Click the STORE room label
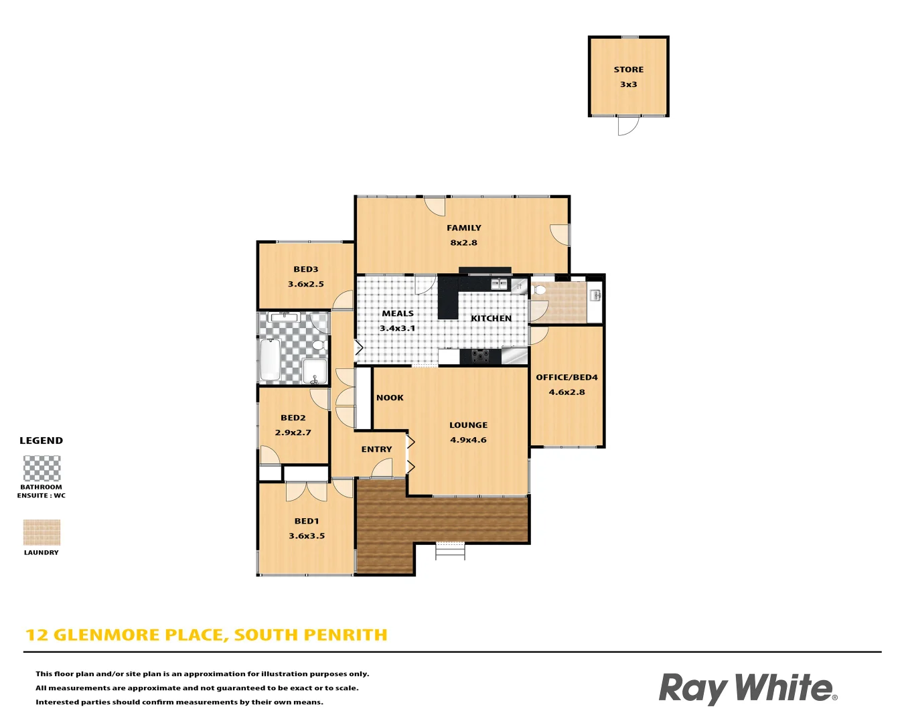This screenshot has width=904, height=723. pos(628,70)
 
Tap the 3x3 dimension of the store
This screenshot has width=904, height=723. pos(628,84)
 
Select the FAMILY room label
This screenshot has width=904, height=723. pos(463,228)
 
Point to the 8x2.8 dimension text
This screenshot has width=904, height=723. pos(463,243)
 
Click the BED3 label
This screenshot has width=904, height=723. pos(305,270)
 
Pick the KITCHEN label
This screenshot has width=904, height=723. pos(491,319)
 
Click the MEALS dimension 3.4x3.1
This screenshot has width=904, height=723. pos(397,329)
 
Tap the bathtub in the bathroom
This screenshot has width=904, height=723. pos(270,359)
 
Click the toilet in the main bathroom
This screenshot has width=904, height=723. pos(319,345)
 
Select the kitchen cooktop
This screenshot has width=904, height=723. pos(480,356)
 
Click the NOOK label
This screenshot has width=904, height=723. pos(390,398)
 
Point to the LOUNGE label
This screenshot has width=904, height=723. pos(468,425)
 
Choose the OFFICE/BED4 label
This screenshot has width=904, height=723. pos(567,378)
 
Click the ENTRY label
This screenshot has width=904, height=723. pos(376,450)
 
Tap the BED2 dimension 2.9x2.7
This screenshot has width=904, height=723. pos(293,433)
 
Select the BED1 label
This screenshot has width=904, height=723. pos(307,521)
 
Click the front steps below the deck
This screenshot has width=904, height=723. pos(449,550)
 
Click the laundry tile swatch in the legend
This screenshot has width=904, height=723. pos(42,533)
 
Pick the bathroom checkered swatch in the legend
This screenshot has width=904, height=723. pos(42,469)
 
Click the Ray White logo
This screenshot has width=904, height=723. pos(747,688)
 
